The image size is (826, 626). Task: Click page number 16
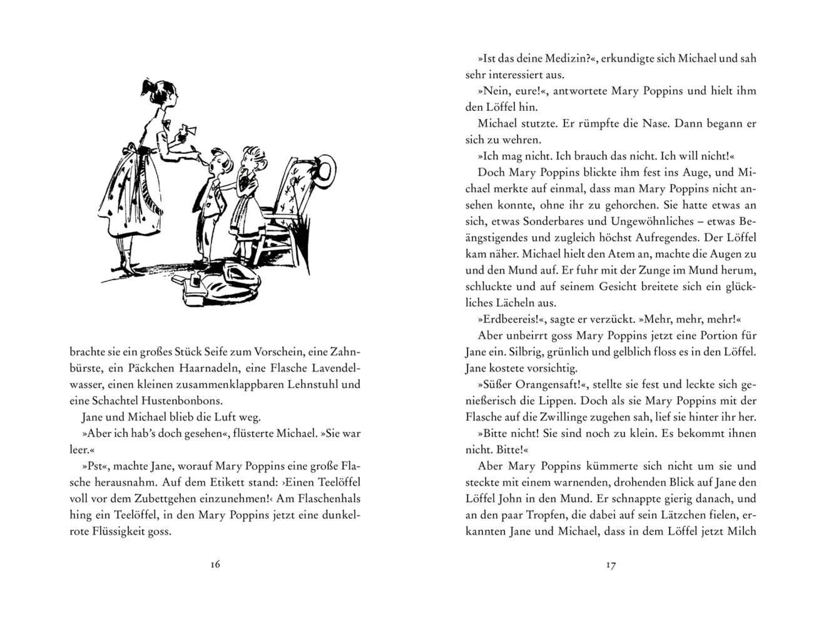[215, 565]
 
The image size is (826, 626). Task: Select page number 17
[611, 565]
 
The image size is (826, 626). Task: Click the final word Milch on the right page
[742, 531]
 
